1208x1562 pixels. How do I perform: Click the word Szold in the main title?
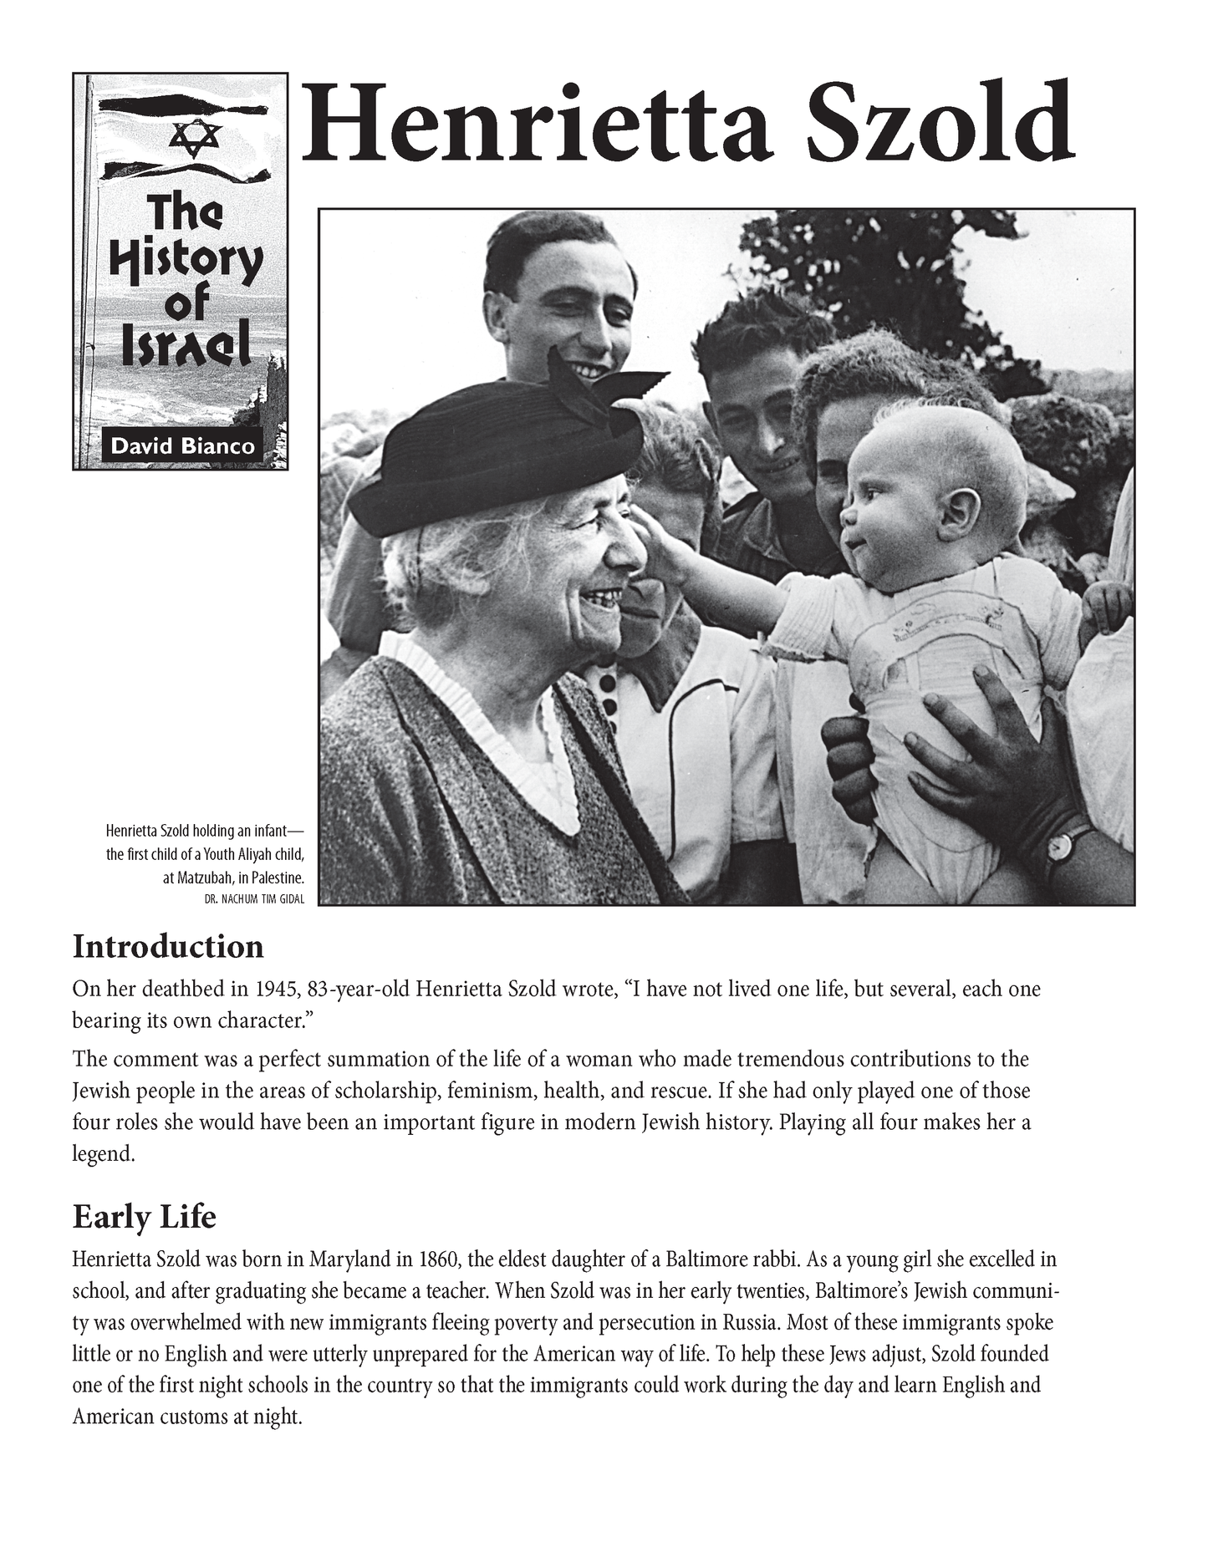coord(940,124)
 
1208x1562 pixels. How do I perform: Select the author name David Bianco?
coord(182,445)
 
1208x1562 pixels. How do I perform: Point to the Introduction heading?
coord(168,947)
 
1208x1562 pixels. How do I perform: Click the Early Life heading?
coord(145,1217)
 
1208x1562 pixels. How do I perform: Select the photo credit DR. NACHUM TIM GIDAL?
coord(254,899)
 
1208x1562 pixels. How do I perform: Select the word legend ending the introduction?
coord(101,1154)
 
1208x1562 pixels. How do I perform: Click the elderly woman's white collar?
coord(502,735)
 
